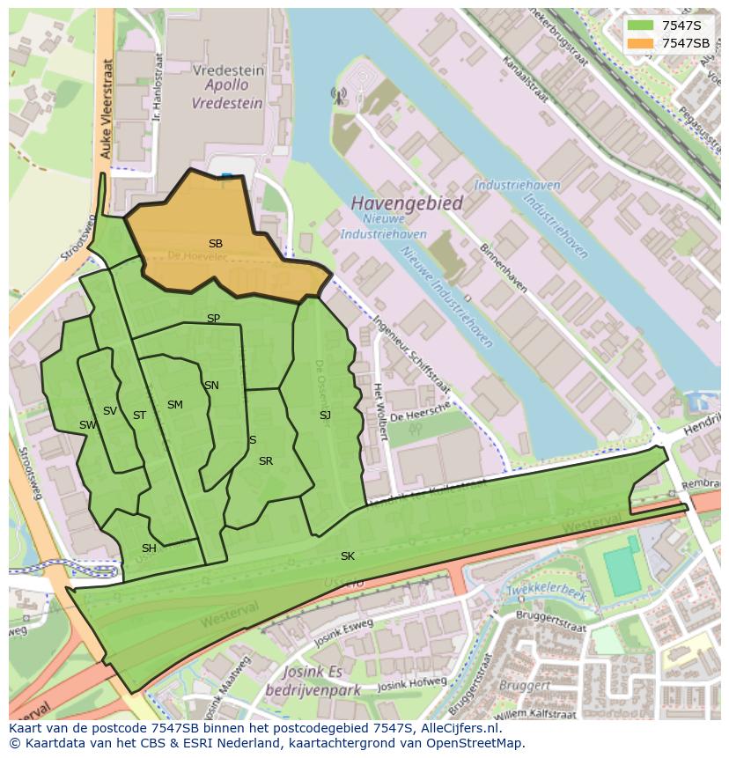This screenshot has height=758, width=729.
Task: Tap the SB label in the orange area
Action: point(216,243)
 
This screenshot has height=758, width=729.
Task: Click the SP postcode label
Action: point(213,319)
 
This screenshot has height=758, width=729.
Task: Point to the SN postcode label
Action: point(211,386)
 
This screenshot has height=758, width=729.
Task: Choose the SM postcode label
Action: point(175,405)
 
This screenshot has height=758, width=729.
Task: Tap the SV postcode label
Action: point(110,411)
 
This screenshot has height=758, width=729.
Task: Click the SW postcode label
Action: point(87,425)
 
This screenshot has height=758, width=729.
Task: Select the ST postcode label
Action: point(139,416)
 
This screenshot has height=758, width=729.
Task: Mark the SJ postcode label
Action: point(325,416)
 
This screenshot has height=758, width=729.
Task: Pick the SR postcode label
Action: point(266,461)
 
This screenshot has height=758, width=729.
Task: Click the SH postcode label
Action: point(149,548)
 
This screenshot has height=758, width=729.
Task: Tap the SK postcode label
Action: point(348,556)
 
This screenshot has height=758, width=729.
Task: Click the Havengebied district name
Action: point(407,203)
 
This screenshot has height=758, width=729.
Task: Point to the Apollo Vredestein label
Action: point(228,94)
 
